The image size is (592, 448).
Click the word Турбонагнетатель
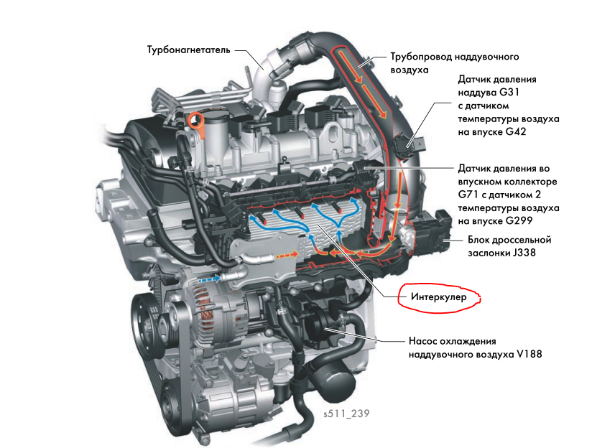(x=188, y=50)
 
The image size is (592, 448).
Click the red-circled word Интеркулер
(x=439, y=297)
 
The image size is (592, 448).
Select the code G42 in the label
(x=516, y=131)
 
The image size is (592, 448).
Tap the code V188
(x=529, y=354)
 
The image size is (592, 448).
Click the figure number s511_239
(x=346, y=414)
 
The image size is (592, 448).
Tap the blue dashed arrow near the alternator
(x=209, y=279)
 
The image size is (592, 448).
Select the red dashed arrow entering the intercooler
(x=287, y=256)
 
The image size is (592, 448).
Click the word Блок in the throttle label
(x=479, y=240)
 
